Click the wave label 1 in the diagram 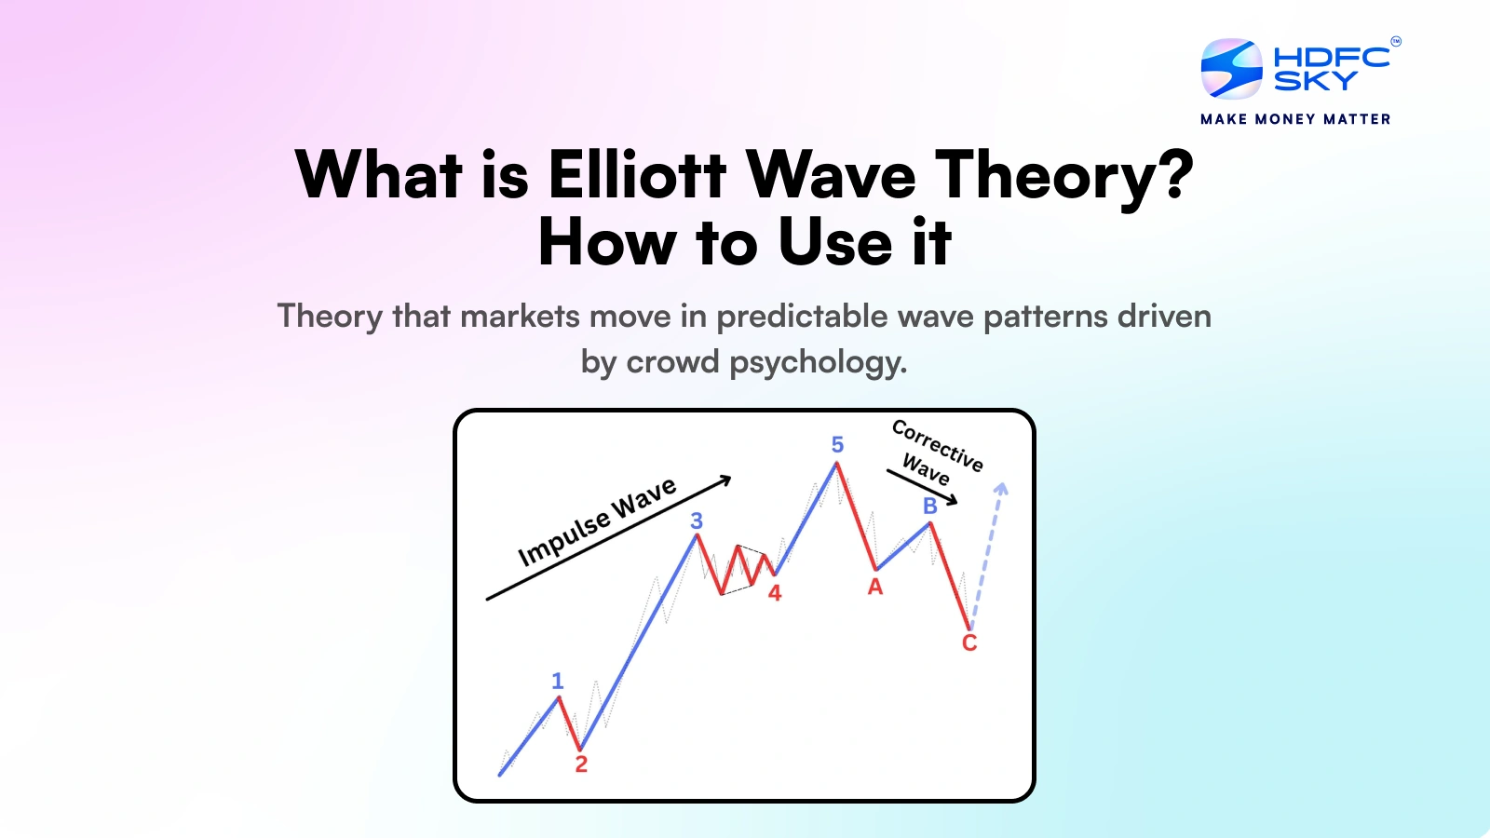point(557,681)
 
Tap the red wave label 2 point(581,764)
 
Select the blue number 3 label point(697,520)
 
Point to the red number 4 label point(775,593)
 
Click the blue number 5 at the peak point(837,445)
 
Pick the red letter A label point(875,588)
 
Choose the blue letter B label point(929,506)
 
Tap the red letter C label point(969,643)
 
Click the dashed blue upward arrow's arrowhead point(1001,488)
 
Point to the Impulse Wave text point(597,522)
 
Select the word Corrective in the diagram point(938,445)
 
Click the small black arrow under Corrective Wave point(922,487)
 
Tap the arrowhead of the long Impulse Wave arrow point(725,480)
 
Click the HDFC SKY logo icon point(1231,69)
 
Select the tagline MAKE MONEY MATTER point(1295,119)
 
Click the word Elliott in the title point(637,175)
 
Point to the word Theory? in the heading point(1063,175)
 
